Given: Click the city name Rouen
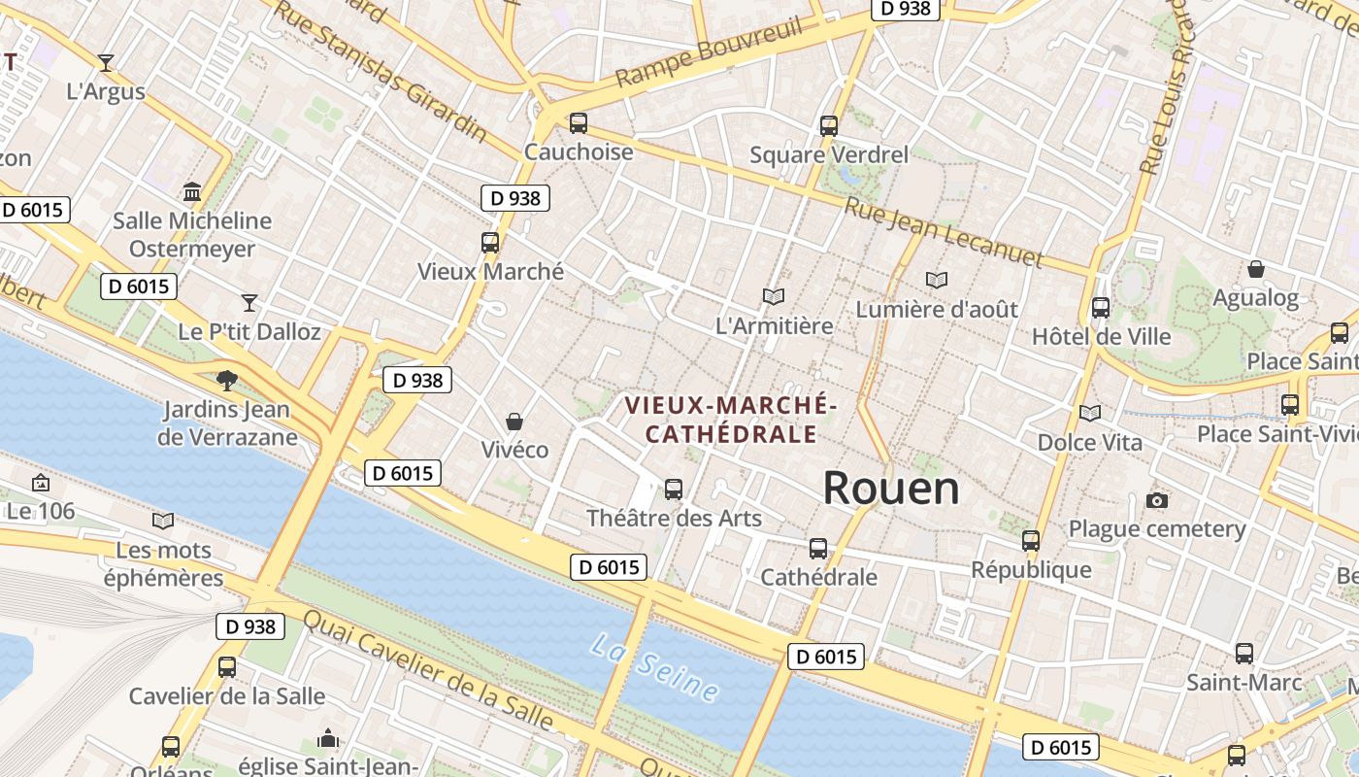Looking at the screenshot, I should [891, 488].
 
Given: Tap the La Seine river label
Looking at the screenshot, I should [656, 667].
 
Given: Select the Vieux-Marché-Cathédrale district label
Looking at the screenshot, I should [731, 419].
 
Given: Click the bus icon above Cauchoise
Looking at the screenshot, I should [579, 123].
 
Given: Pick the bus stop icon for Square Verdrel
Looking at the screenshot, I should [828, 125].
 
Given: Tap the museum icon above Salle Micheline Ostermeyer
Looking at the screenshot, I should [192, 191].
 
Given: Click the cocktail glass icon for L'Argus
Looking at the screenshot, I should [106, 62].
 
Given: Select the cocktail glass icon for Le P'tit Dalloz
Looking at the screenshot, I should [249, 302].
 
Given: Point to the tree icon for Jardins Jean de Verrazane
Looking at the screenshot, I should [227, 380].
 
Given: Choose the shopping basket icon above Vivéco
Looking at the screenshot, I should [514, 422].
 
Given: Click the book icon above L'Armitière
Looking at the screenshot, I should [774, 296].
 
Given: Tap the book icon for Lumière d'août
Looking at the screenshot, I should [936, 280].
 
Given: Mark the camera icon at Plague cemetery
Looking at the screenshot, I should [1156, 500].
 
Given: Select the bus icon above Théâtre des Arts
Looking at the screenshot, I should [674, 489].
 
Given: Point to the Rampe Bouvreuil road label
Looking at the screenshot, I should [710, 51].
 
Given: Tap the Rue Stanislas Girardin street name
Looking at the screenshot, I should [380, 70].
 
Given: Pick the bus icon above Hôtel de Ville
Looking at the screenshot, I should [1101, 308].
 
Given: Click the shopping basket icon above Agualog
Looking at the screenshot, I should [1256, 268].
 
